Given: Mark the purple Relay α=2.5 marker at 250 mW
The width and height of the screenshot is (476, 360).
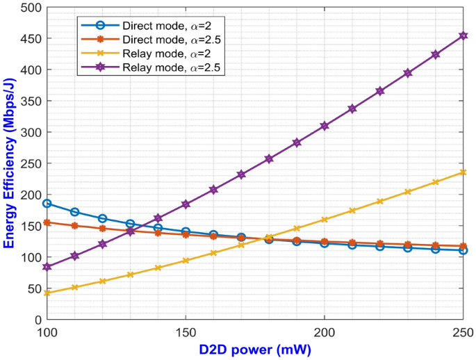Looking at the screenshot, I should pos(463,35).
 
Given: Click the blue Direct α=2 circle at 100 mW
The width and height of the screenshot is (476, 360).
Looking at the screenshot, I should pos(47,204).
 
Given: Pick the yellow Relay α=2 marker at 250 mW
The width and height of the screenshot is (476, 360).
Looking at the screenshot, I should pos(463,172).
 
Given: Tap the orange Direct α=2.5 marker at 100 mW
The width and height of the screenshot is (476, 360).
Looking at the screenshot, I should pos(47,222).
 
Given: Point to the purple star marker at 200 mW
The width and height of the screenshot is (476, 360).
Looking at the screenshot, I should pos(325,126).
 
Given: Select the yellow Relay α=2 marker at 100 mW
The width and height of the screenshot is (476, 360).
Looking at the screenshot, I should pos(47,293).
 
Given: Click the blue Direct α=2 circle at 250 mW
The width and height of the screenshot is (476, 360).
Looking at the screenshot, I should pos(463,250).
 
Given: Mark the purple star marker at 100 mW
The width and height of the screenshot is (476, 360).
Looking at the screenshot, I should pos(47,267).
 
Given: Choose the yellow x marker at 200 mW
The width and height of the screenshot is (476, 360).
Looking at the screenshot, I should pos(325,220).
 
